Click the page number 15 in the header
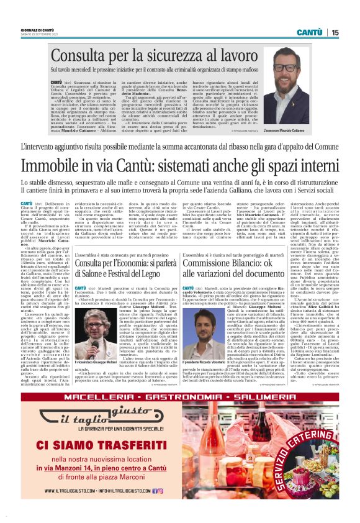(335, 32)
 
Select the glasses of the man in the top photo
(286, 68)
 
